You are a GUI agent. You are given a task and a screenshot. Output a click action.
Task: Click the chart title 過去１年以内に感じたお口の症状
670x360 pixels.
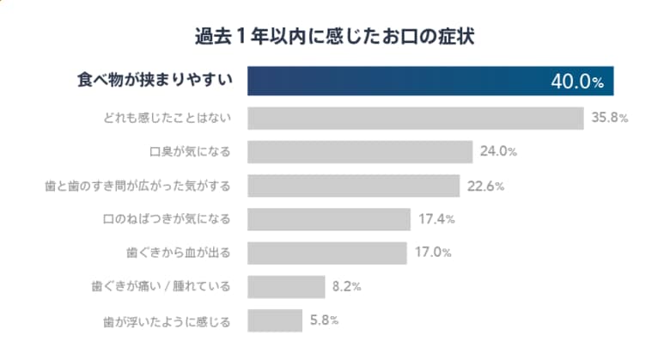[335, 36]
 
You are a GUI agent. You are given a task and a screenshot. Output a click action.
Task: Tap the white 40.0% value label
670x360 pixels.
[577, 82]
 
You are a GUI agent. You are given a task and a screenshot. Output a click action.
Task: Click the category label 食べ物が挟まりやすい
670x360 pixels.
[152, 82]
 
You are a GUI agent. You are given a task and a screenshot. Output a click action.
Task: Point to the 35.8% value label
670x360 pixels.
[610, 118]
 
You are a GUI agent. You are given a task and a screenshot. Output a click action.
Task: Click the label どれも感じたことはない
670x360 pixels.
[166, 118]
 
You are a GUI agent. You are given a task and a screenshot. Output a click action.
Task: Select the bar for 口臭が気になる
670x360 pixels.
[360, 152]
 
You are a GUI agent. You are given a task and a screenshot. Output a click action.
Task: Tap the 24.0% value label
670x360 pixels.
[499, 152]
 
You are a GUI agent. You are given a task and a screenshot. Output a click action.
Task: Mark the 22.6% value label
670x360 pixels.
[484, 186]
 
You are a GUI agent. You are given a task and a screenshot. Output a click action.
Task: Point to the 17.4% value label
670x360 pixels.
[436, 219]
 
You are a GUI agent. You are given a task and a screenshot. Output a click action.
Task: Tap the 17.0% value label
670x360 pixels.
[432, 253]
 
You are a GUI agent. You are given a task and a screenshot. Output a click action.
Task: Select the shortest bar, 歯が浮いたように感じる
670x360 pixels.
[275, 320]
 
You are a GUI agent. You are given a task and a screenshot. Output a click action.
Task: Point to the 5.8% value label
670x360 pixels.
[324, 320]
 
